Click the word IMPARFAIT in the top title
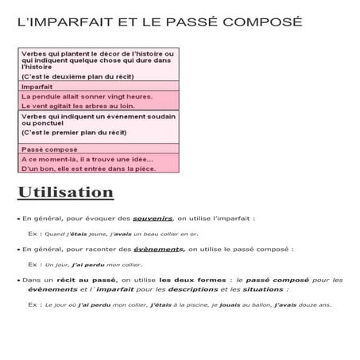pos(62,21)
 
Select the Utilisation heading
pos(66,192)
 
